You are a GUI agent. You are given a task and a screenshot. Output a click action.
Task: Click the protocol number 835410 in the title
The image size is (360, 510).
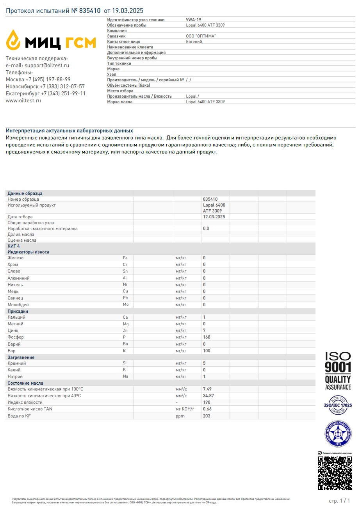click(x=90, y=11)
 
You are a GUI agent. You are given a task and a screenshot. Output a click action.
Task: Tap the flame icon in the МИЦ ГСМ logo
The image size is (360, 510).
click(x=13, y=40)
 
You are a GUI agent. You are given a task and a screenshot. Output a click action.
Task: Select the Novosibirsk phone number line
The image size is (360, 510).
click(x=45, y=86)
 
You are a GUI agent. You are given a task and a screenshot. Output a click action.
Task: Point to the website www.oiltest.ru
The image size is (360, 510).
click(x=23, y=100)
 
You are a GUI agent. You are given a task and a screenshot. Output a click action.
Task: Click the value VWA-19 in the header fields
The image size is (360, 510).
click(x=194, y=20)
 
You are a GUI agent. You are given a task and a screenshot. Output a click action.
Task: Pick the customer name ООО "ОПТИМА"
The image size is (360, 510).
click(x=201, y=36)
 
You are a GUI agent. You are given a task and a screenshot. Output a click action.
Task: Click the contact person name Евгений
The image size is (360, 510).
click(x=194, y=41)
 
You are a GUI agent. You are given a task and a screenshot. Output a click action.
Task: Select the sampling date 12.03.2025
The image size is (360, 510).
click(x=214, y=217)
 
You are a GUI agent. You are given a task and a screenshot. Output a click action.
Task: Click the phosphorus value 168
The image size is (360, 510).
click(x=207, y=337)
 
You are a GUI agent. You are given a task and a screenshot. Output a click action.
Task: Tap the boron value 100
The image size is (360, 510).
click(x=207, y=351)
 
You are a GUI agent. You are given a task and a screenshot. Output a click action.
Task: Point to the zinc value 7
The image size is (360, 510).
click(x=204, y=330)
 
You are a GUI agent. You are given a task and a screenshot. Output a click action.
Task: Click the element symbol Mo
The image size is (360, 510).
click(x=125, y=305)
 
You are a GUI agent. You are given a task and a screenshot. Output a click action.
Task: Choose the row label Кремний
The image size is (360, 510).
click(x=17, y=363)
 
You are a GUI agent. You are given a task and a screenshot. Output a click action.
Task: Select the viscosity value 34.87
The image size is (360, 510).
click(x=209, y=396)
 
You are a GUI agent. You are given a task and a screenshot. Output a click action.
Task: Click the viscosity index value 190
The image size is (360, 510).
click(x=207, y=402)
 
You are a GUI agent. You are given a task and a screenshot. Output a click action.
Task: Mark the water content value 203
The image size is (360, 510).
click(x=207, y=416)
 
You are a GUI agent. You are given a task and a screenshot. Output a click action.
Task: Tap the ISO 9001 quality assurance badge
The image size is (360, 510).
click(x=338, y=370)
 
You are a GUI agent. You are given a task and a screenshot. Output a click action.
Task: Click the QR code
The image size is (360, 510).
click(x=335, y=473)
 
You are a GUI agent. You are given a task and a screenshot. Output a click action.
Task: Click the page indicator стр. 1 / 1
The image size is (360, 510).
click(x=339, y=501)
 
